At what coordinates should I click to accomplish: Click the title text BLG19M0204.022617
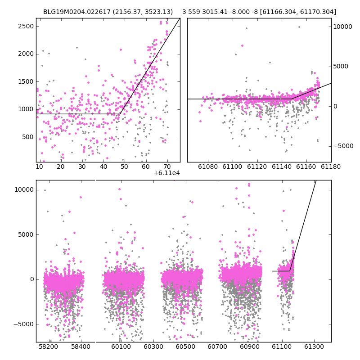[77, 12]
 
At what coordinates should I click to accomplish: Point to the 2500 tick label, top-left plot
[26, 26]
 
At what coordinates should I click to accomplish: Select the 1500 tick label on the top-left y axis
[26, 81]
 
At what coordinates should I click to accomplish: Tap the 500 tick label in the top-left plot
[28, 137]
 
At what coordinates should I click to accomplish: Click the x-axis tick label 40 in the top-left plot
[103, 166]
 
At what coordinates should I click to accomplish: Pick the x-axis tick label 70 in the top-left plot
[167, 166]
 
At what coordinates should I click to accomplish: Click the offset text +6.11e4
[166, 173]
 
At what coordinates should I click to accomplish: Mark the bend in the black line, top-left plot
[120, 114]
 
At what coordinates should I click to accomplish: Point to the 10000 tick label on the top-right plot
[342, 27]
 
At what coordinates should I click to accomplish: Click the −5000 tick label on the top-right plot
[343, 146]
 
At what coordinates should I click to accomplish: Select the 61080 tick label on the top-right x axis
[208, 166]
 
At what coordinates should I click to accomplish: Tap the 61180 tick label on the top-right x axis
[331, 166]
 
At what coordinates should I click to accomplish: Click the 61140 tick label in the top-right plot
[282, 166]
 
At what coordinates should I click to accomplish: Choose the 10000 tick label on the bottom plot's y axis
[24, 190]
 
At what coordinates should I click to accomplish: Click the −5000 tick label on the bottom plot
[24, 324]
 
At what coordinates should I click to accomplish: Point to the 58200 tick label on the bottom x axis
[49, 346]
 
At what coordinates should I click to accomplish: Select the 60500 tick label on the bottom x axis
[185, 346]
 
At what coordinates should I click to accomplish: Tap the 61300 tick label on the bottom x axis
[314, 346]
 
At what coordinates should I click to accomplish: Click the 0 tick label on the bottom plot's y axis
[32, 279]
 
